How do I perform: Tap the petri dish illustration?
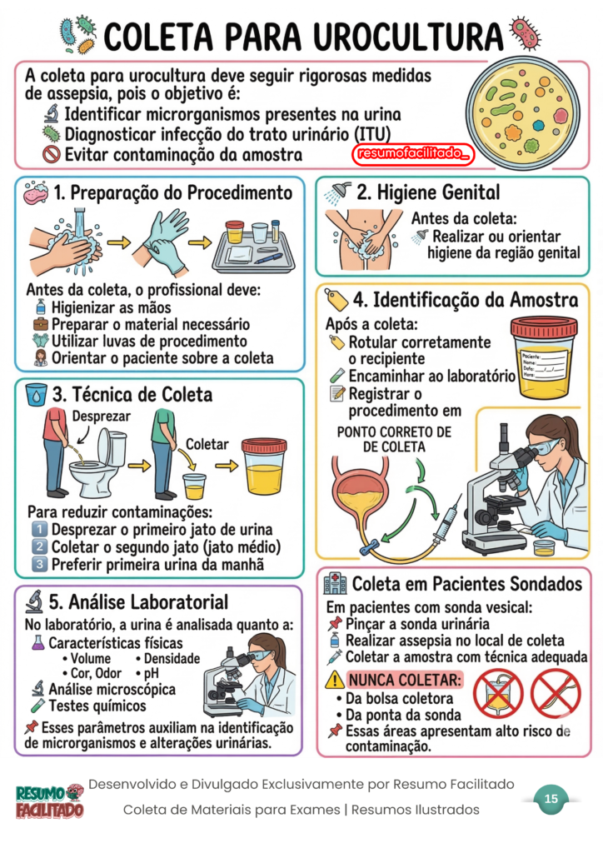click(x=523, y=112)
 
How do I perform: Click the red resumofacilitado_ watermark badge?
click(x=413, y=154)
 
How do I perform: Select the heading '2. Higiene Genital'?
click(x=428, y=192)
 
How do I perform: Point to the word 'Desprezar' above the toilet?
click(x=102, y=417)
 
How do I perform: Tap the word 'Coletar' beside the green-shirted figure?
click(x=207, y=445)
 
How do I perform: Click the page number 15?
click(x=551, y=799)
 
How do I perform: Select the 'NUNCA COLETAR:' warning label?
click(x=405, y=680)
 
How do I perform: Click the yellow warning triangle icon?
click(x=335, y=680)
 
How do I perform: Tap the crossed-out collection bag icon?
click(x=497, y=694)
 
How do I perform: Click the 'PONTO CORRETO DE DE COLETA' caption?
click(x=394, y=440)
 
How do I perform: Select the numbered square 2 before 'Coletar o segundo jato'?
click(x=39, y=546)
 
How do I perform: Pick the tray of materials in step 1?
click(x=254, y=247)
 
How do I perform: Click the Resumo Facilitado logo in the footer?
click(x=49, y=801)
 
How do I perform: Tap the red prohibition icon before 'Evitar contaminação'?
click(x=51, y=154)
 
